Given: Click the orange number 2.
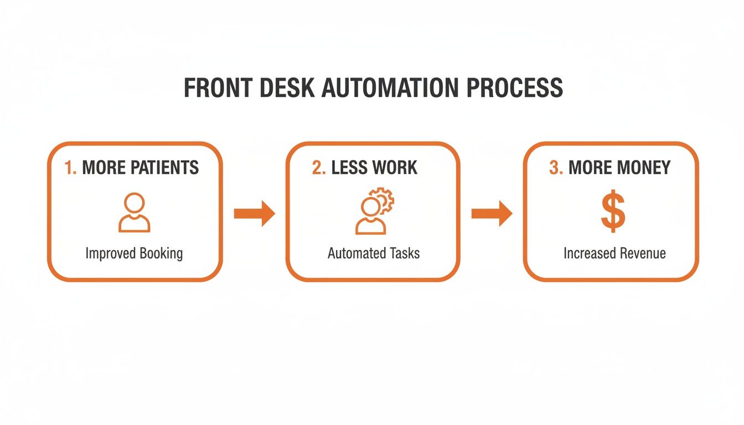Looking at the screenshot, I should (x=318, y=168).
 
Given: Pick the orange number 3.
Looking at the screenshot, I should (x=555, y=168).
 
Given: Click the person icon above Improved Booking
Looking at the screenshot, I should (x=134, y=212).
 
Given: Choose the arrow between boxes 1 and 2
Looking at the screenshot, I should (x=254, y=214).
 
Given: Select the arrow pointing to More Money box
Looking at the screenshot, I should (x=492, y=214).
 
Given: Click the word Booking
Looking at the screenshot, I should (x=161, y=254).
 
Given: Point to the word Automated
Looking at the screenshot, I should (x=351, y=253).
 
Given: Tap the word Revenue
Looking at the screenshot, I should (x=642, y=253).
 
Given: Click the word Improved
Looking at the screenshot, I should (x=111, y=254).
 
